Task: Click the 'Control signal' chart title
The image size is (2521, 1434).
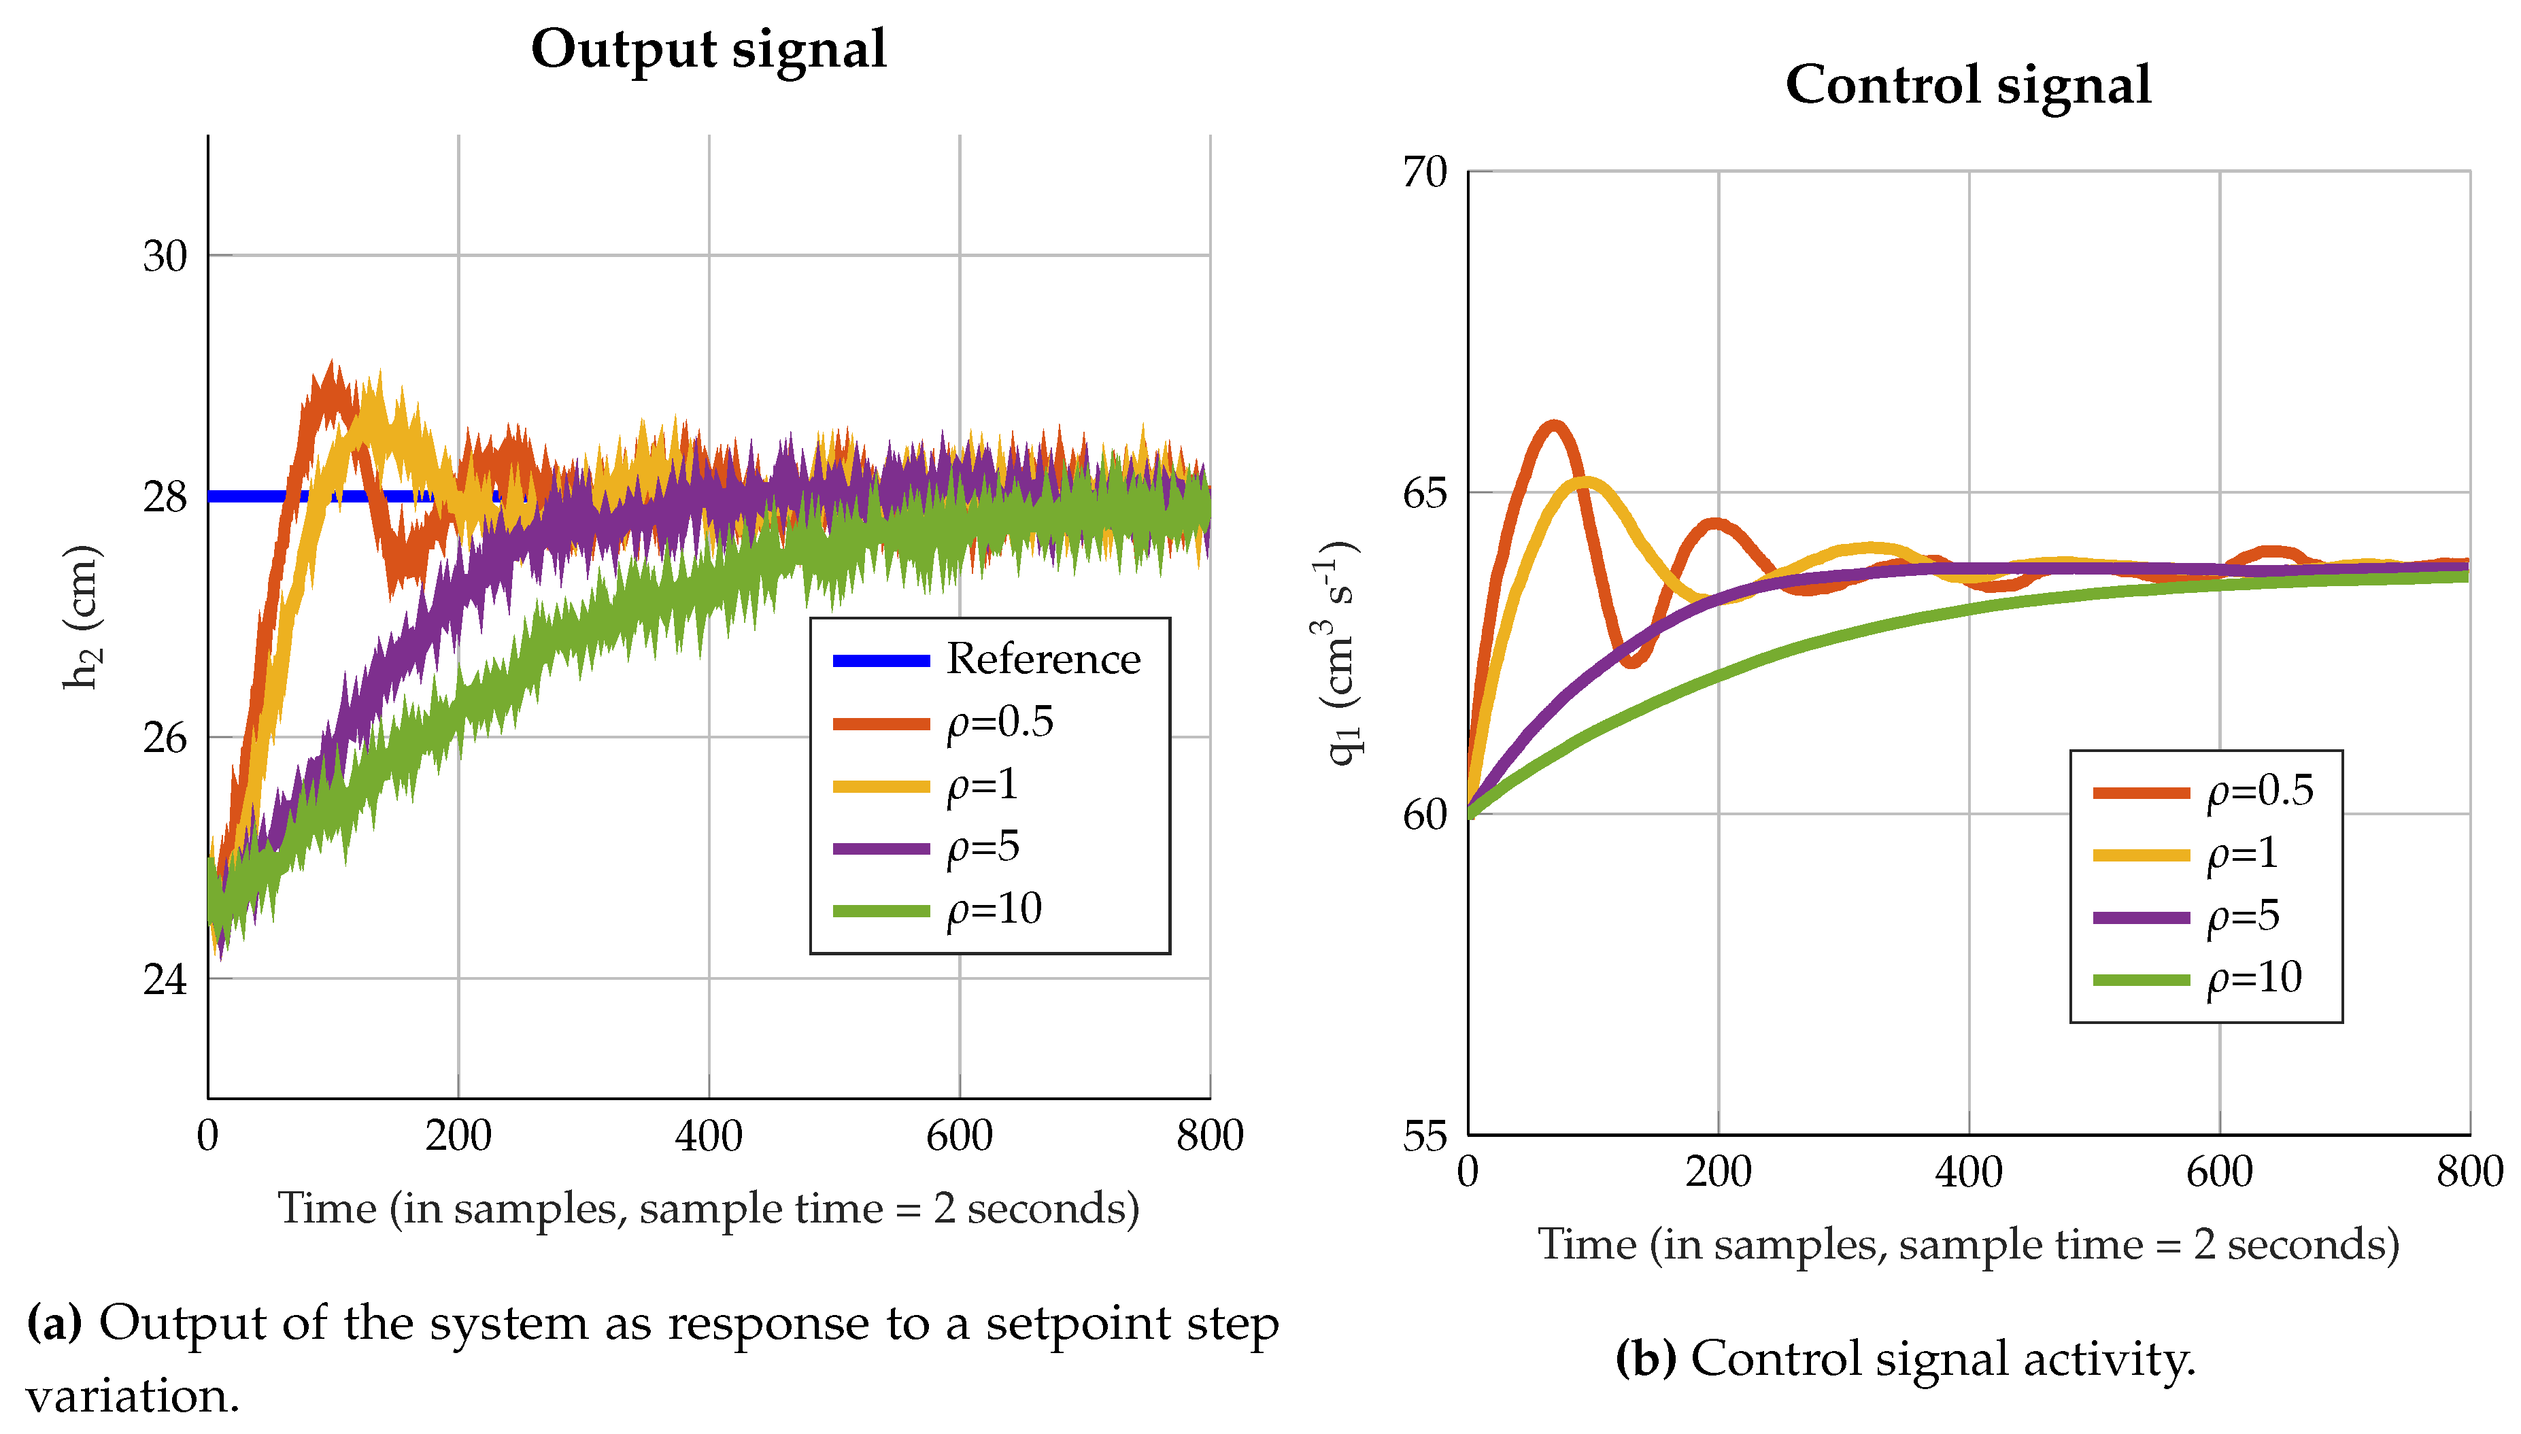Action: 1967,86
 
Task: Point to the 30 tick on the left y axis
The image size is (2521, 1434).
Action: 165,257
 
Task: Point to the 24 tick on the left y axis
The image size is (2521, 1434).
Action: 165,979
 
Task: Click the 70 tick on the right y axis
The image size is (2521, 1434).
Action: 1424,172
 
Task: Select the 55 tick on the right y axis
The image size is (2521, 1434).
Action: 1424,1137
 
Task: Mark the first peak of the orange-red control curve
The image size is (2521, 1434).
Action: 1554,426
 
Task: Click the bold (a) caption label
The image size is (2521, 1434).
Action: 54,1322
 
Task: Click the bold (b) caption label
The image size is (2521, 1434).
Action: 1646,1358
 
